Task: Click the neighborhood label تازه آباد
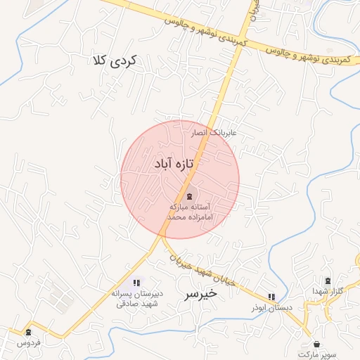click(x=173, y=164)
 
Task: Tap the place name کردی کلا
click(x=117, y=60)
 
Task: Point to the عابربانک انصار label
click(x=215, y=132)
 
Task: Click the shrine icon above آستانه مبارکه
click(x=190, y=195)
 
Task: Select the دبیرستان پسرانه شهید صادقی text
click(x=136, y=299)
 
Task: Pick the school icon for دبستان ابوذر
click(x=272, y=297)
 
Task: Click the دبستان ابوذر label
click(x=271, y=309)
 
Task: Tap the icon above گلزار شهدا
click(x=328, y=281)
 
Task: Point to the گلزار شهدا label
click(x=328, y=292)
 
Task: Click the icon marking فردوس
click(x=28, y=332)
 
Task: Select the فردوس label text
click(x=29, y=343)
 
